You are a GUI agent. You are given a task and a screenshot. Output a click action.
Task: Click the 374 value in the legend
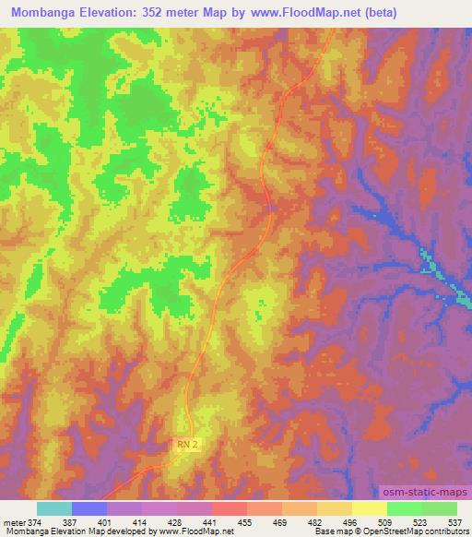pyautogui.click(x=35, y=521)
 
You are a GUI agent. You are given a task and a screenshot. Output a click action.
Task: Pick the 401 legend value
pyautogui.click(x=89, y=521)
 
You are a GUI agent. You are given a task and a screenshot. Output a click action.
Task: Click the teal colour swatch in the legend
pyautogui.click(x=53, y=508)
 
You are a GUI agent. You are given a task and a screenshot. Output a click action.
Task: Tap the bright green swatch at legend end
pyautogui.click(x=439, y=508)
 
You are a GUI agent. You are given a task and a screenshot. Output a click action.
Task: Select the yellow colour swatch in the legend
pyautogui.click(x=369, y=508)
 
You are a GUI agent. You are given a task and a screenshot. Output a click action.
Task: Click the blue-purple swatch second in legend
pyautogui.click(x=89, y=508)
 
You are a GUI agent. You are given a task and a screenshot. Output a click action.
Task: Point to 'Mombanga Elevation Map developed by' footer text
pyautogui.click(x=61, y=531)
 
